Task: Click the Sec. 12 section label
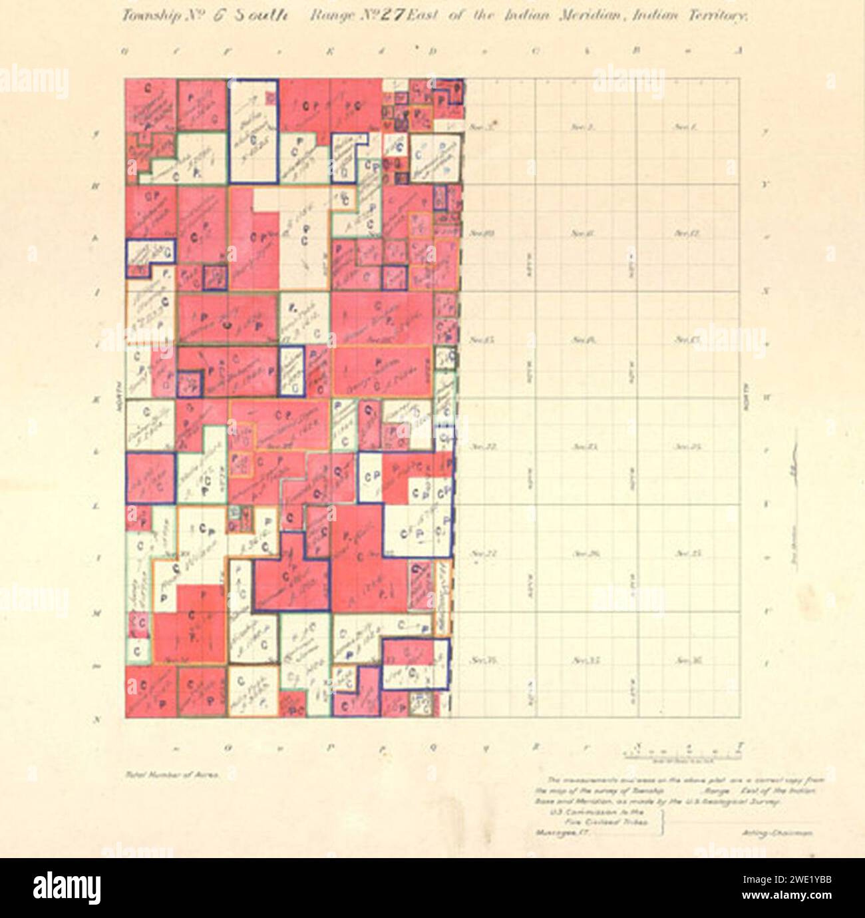tap(685, 233)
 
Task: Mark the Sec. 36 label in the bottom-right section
tap(685, 660)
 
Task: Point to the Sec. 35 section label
tap(581, 660)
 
